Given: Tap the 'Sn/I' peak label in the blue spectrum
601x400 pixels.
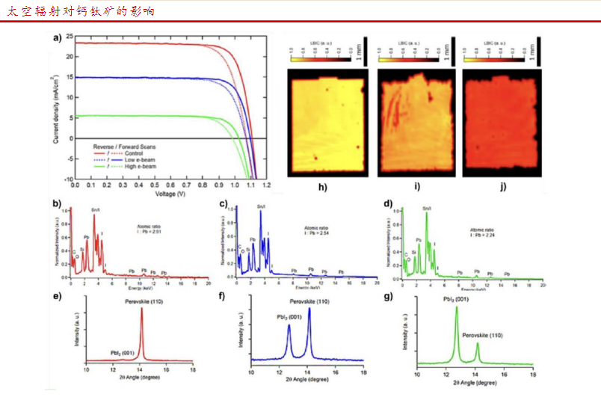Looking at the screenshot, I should coord(260,206).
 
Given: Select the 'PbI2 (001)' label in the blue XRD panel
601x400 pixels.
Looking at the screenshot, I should coord(287,316).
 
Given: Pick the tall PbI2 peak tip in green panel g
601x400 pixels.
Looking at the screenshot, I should coord(456,307).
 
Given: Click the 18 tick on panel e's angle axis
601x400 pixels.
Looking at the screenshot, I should coord(194,368).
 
